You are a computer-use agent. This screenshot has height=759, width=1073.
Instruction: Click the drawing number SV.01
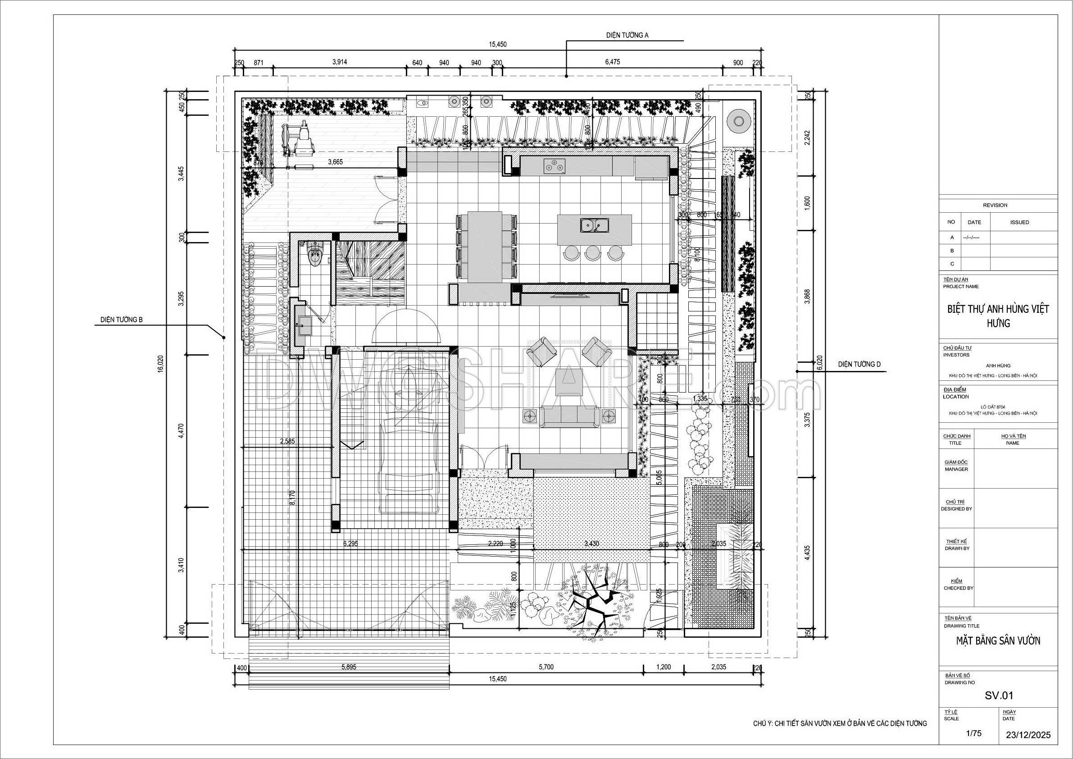tap(999, 695)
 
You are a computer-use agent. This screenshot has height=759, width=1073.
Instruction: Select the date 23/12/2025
tap(1028, 735)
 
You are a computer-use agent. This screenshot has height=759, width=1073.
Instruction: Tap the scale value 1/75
tap(973, 733)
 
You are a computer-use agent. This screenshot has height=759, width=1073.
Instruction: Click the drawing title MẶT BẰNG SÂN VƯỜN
tap(998, 640)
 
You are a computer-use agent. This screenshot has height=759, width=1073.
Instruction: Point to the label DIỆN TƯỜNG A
tap(627, 35)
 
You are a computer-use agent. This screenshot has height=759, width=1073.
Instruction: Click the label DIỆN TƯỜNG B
tap(122, 320)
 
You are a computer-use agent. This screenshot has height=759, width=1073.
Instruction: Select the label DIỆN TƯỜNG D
tap(859, 364)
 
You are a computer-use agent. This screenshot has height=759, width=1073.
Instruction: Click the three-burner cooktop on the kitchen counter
tap(554, 165)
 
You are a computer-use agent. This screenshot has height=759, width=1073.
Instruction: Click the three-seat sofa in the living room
tap(569, 416)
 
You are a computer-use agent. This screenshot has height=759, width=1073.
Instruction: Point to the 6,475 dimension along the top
tap(612, 62)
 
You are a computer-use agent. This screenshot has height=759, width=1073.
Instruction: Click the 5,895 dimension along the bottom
tap(349, 667)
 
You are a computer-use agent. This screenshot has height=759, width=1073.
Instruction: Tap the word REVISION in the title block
tap(995, 205)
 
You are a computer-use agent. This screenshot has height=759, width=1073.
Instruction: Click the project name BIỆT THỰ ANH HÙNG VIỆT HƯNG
tap(998, 315)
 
